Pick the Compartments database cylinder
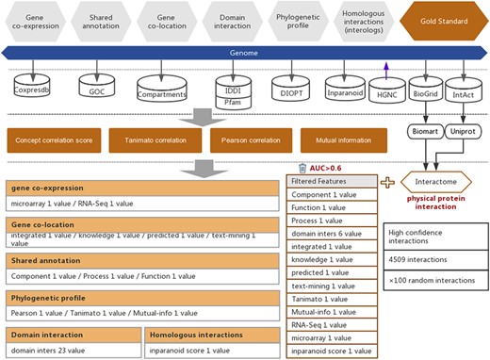pyautogui.click(x=162, y=89)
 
